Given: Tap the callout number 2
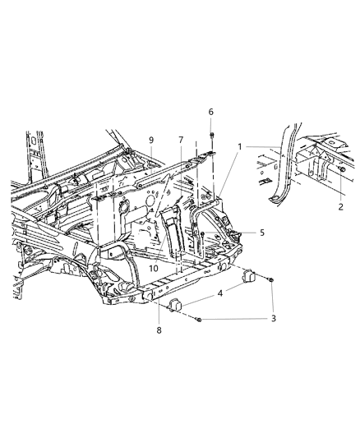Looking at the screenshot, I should tap(340, 208).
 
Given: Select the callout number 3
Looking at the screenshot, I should tap(273, 318).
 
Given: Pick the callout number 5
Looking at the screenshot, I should tap(261, 233).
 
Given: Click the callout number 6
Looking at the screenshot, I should tap(211, 112).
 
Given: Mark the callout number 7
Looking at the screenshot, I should tap(181, 140).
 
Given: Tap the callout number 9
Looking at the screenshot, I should tap(150, 140).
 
